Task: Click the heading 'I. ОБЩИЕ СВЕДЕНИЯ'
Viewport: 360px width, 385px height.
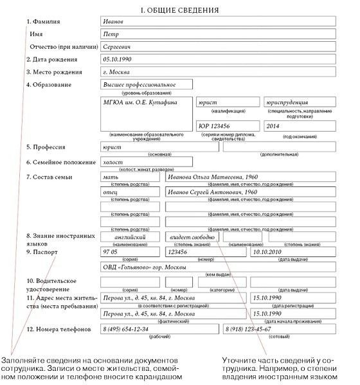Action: click(179, 10)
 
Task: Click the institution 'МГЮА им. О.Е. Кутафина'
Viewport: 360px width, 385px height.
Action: click(139, 102)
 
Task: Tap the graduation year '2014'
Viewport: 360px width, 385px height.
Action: click(274, 127)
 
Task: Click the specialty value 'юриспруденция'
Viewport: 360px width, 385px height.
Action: click(287, 102)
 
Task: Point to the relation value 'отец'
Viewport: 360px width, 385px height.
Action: click(112, 192)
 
